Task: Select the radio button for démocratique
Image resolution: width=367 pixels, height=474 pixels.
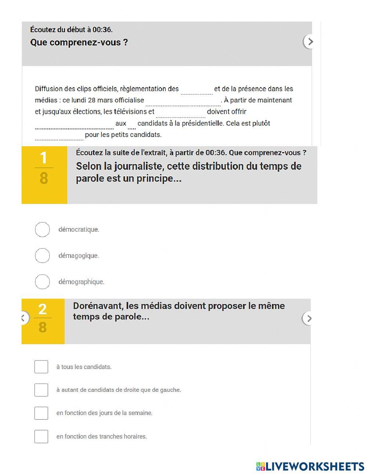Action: [x=42, y=229]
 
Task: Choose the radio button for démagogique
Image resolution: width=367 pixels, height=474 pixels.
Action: [x=42, y=256]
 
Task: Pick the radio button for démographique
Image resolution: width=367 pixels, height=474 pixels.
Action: [x=42, y=282]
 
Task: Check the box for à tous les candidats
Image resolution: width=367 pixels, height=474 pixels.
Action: [x=41, y=367]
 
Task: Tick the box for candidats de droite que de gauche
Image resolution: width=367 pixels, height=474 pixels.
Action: [x=41, y=390]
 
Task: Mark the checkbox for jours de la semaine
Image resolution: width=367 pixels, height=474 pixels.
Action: [x=41, y=413]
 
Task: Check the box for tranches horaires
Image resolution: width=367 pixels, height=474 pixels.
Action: [x=41, y=437]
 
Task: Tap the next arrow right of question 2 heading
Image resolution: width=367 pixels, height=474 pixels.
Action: [x=309, y=318]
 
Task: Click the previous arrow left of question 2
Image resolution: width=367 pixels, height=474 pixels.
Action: [x=24, y=318]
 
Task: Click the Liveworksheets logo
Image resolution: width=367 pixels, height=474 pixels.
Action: [x=310, y=466]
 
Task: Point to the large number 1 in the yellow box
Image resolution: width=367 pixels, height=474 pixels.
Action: [x=44, y=158]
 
